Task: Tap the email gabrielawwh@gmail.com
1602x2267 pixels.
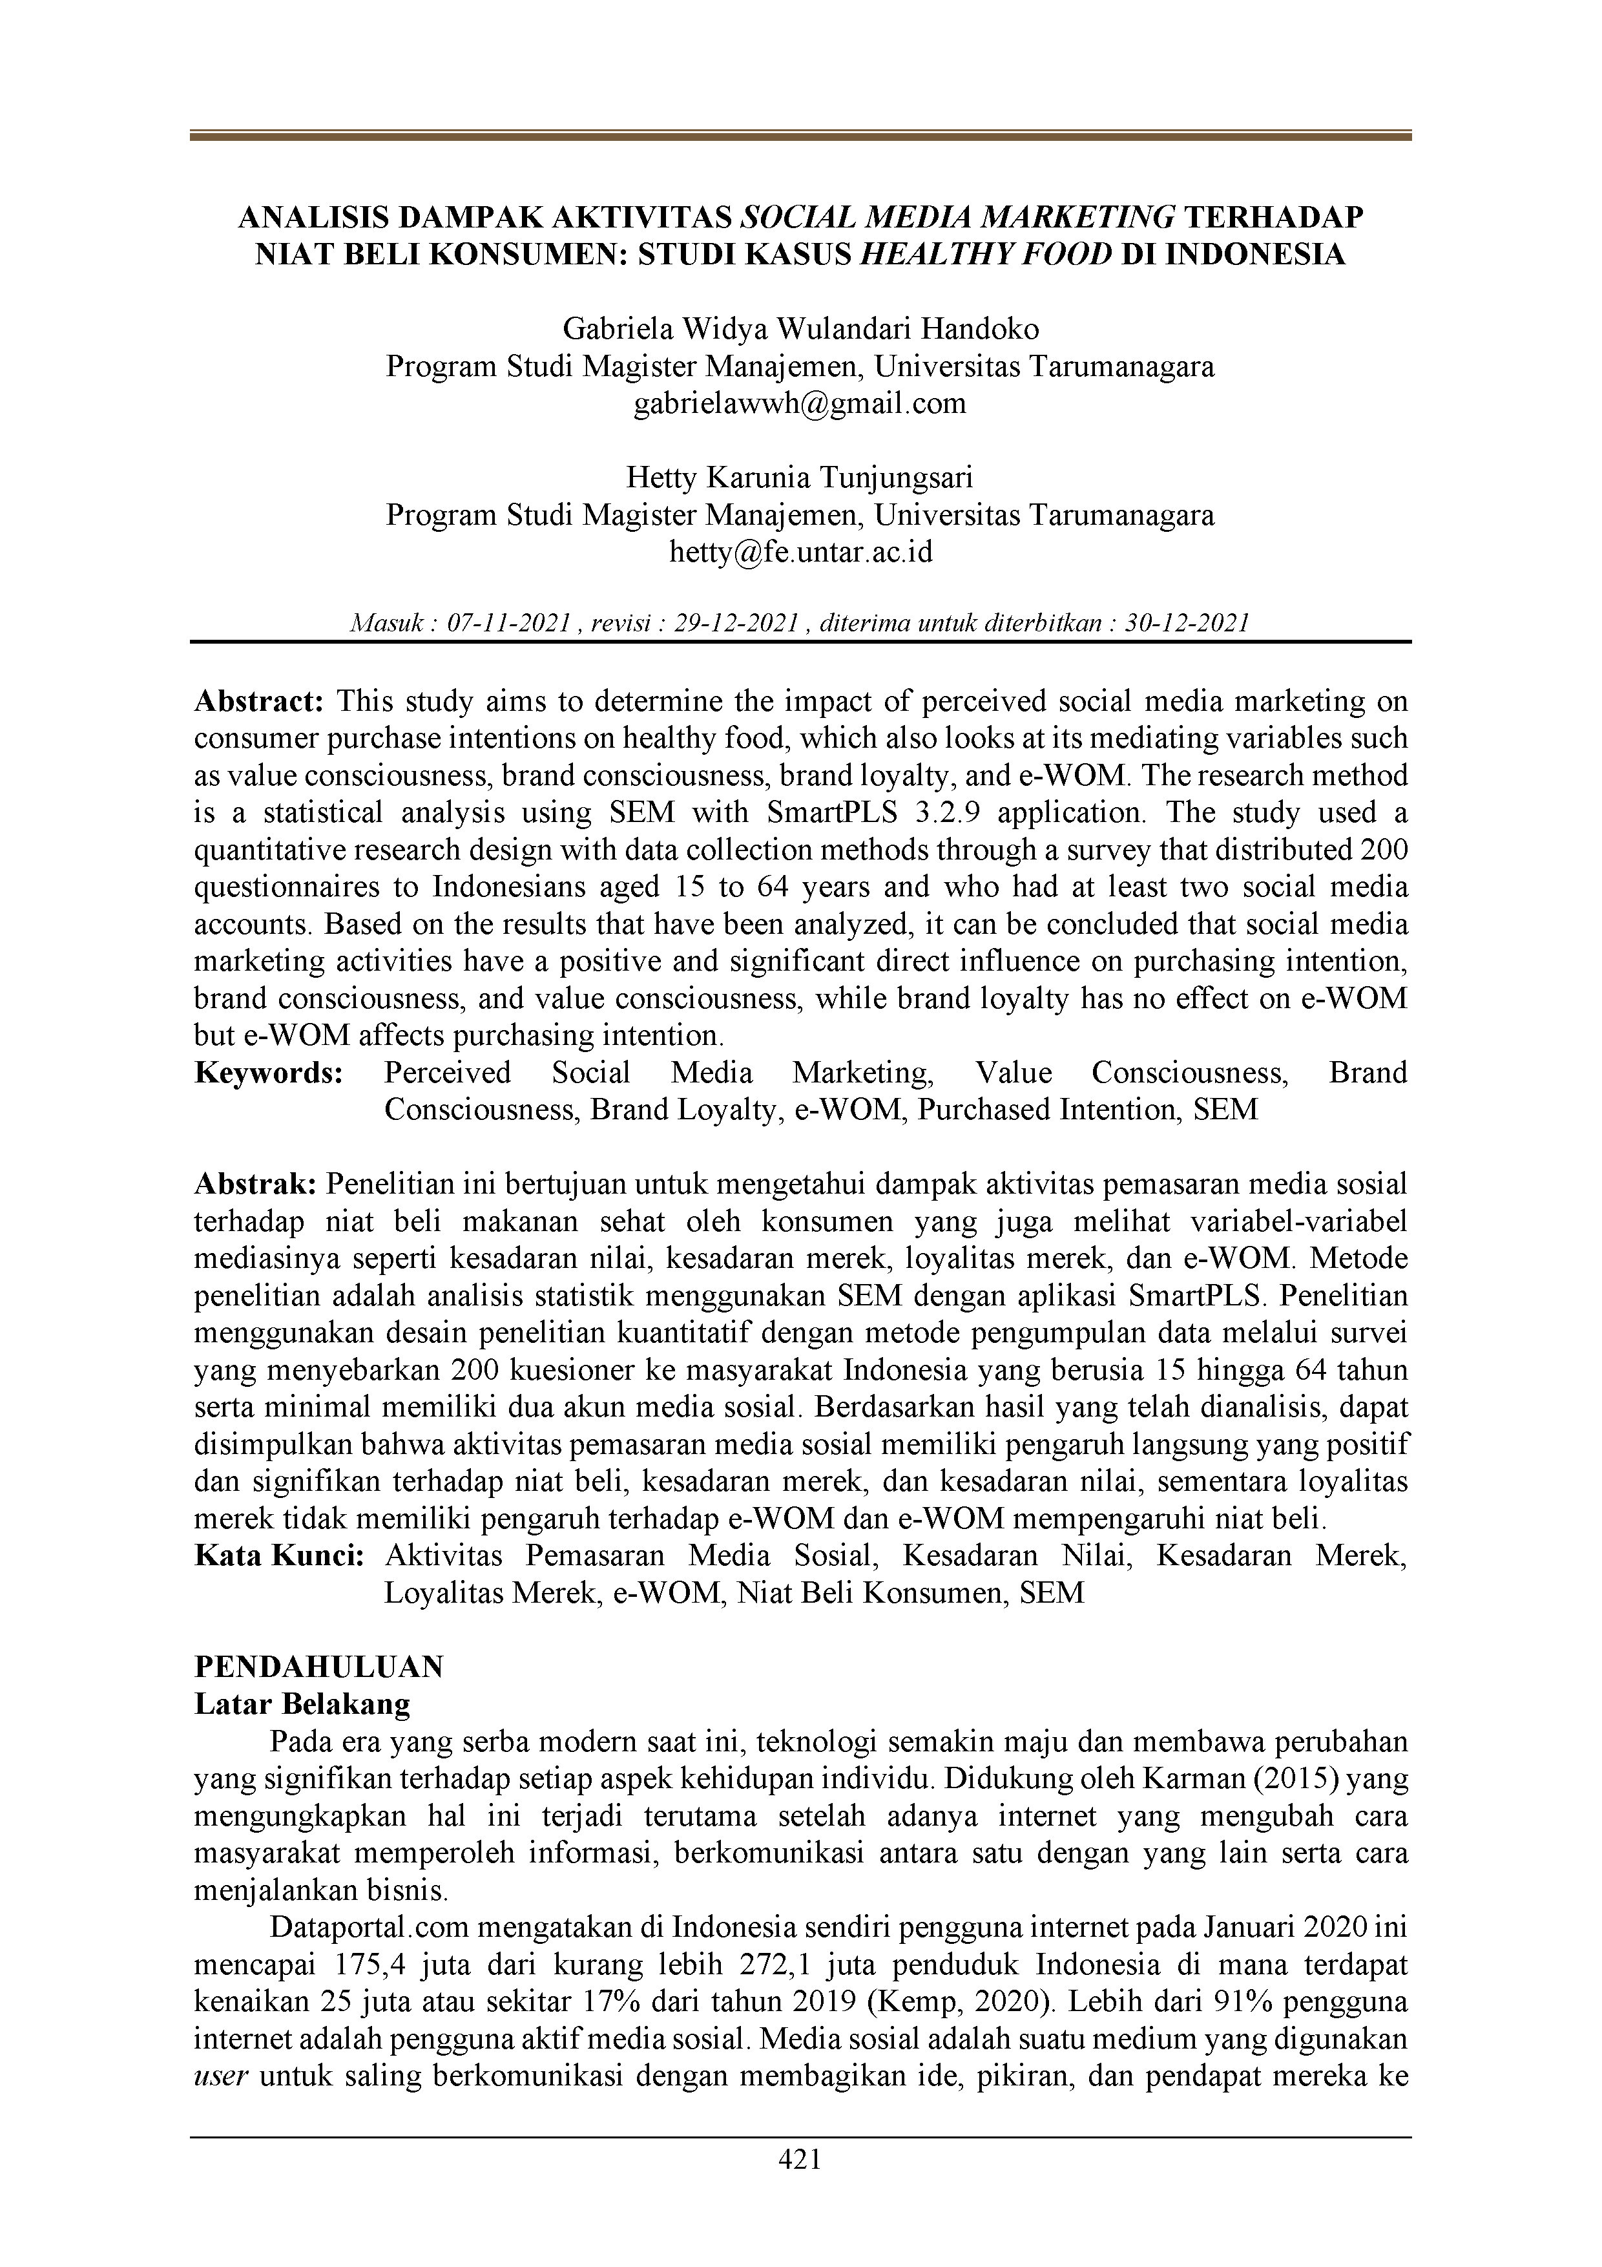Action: [x=800, y=404]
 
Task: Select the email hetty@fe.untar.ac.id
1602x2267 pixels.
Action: [x=800, y=553]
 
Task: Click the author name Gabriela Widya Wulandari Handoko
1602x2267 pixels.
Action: [x=800, y=329]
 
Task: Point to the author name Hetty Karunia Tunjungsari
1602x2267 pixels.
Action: [x=800, y=478]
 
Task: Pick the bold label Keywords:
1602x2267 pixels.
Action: [x=269, y=1073]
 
